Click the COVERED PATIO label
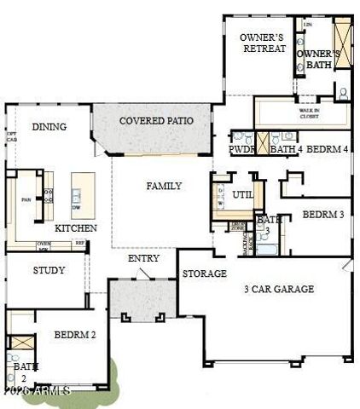(155, 121)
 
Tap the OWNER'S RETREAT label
(262, 43)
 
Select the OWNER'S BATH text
(318, 59)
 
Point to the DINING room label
(49, 127)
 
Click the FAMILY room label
(164, 186)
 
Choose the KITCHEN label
(76, 228)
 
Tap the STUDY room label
(49, 271)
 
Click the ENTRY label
(143, 258)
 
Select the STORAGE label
(204, 274)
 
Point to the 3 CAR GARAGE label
(278, 289)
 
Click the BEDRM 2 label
(75, 335)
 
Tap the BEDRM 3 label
(322, 215)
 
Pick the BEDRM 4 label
(327, 149)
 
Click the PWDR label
(242, 149)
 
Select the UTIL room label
(243, 195)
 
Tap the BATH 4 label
(286, 149)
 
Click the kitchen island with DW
(82, 195)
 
